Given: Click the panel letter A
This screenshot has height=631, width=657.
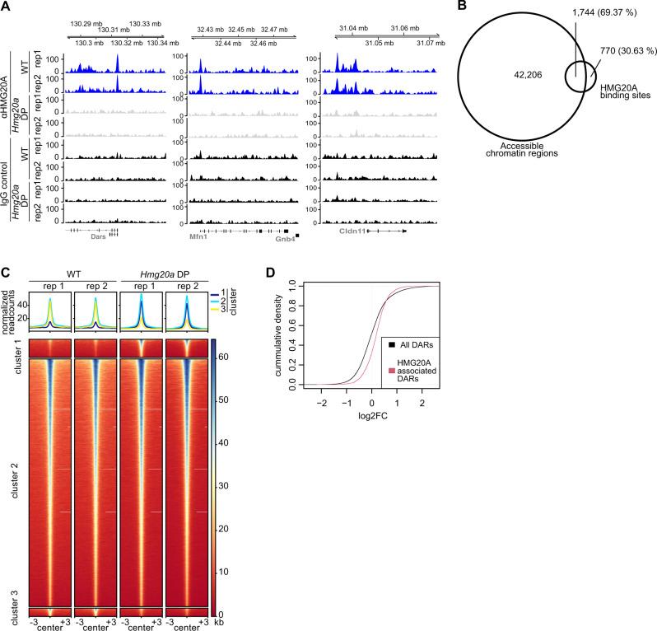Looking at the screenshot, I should point(7,7).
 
